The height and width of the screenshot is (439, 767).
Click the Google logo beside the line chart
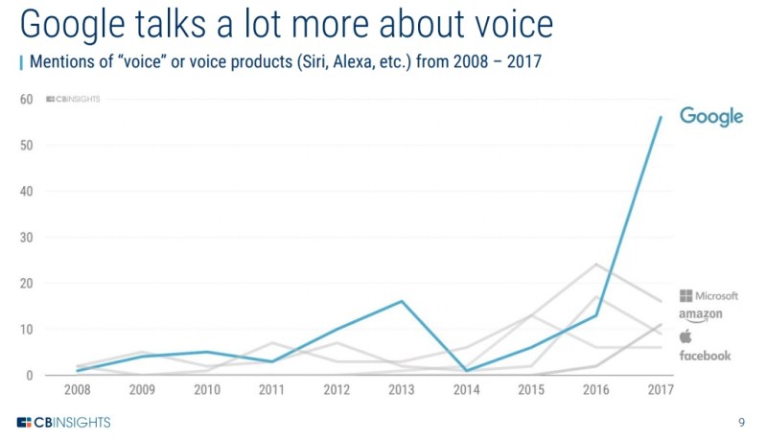click(711, 116)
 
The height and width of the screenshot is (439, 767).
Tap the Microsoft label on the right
click(709, 295)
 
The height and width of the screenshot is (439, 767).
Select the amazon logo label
click(700, 315)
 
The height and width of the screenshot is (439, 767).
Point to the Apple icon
click(686, 335)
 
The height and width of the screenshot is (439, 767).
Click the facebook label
click(705, 356)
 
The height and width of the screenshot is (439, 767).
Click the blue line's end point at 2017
click(660, 117)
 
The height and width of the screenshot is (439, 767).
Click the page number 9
click(741, 422)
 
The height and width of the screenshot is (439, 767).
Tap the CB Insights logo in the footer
click(64, 422)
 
